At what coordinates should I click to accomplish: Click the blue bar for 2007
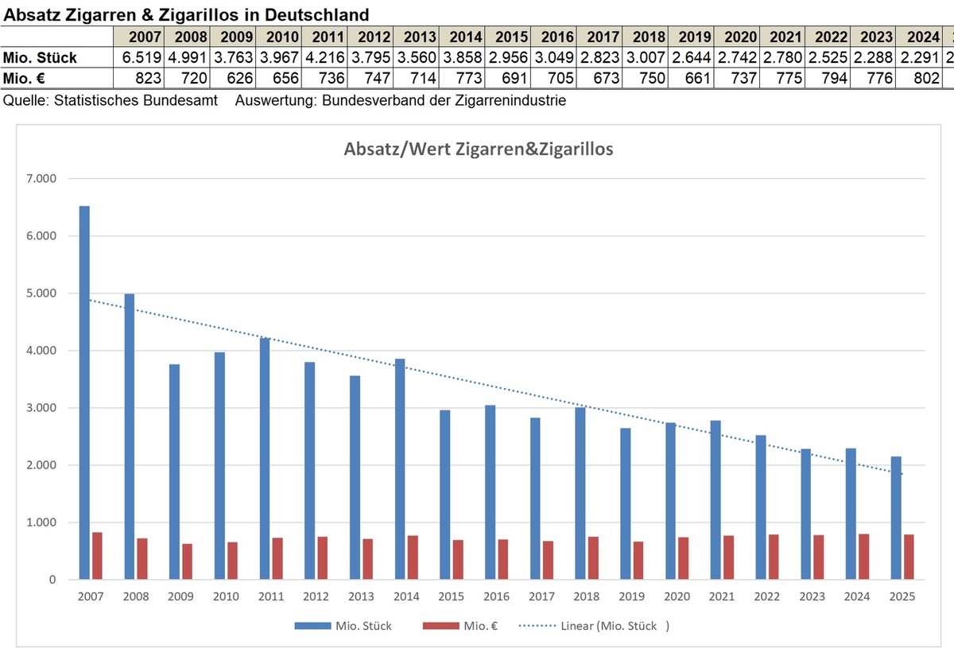tap(84, 393)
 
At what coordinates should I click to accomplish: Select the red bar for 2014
tap(413, 557)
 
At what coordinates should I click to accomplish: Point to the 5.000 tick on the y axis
tap(40, 293)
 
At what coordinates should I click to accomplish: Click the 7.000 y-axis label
tap(40, 179)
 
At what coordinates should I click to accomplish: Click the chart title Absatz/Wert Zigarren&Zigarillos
tap(478, 149)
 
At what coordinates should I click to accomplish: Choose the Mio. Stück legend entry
tap(343, 626)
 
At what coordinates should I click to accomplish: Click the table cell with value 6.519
tap(140, 58)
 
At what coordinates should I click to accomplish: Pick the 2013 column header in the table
tap(419, 37)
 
